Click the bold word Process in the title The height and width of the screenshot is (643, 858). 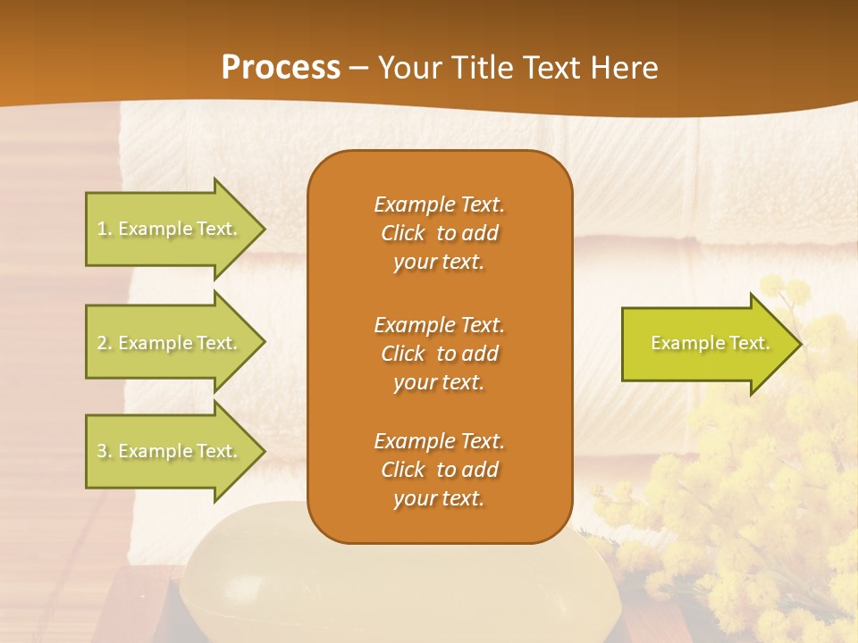281,68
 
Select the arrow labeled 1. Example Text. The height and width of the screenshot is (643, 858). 168,229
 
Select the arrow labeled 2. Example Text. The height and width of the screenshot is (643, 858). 168,343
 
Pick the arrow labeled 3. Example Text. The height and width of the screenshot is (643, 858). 168,451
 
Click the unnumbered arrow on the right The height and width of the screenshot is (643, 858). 710,343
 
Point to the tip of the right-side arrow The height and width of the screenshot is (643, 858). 800,343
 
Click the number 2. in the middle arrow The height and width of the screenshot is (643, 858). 104,343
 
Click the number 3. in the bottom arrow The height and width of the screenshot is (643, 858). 104,451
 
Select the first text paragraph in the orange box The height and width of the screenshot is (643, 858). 439,233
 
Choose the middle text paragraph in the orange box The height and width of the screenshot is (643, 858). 439,354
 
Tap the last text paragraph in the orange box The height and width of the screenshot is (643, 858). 439,470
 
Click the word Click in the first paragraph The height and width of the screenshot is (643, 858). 403,233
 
